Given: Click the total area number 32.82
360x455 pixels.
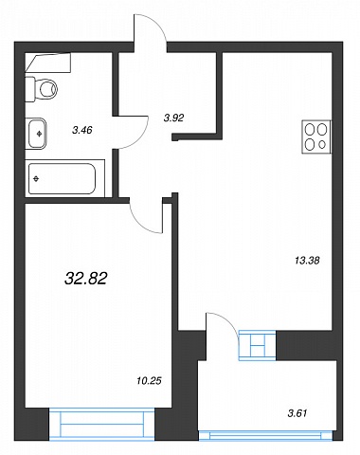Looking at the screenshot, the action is [86, 279].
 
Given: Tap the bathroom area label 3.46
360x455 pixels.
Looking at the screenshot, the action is [82, 130].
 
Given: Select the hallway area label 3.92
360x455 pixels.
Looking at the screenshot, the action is [173, 118].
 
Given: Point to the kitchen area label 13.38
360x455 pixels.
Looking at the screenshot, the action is [307, 261].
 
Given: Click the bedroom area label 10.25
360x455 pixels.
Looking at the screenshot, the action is [149, 381].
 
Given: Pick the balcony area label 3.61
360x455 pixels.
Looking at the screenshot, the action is [297, 413].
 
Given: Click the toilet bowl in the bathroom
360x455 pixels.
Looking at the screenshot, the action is [42, 89].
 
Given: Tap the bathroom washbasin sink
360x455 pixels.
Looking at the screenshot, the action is [36, 134].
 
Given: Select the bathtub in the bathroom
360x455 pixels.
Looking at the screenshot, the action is [62, 179].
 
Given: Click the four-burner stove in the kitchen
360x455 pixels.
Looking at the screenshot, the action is [316, 136].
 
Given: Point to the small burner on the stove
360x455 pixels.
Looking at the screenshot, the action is [322, 145].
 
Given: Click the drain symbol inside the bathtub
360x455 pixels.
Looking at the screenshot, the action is [36, 179].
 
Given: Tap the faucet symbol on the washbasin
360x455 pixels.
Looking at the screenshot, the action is [40, 134].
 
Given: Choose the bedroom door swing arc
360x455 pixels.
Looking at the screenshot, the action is [139, 223].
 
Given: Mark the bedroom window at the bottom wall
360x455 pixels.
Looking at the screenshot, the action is [101, 425].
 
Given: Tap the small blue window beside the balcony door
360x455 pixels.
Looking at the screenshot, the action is [258, 345].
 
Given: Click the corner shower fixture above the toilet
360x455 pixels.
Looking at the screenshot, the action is [48, 63].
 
